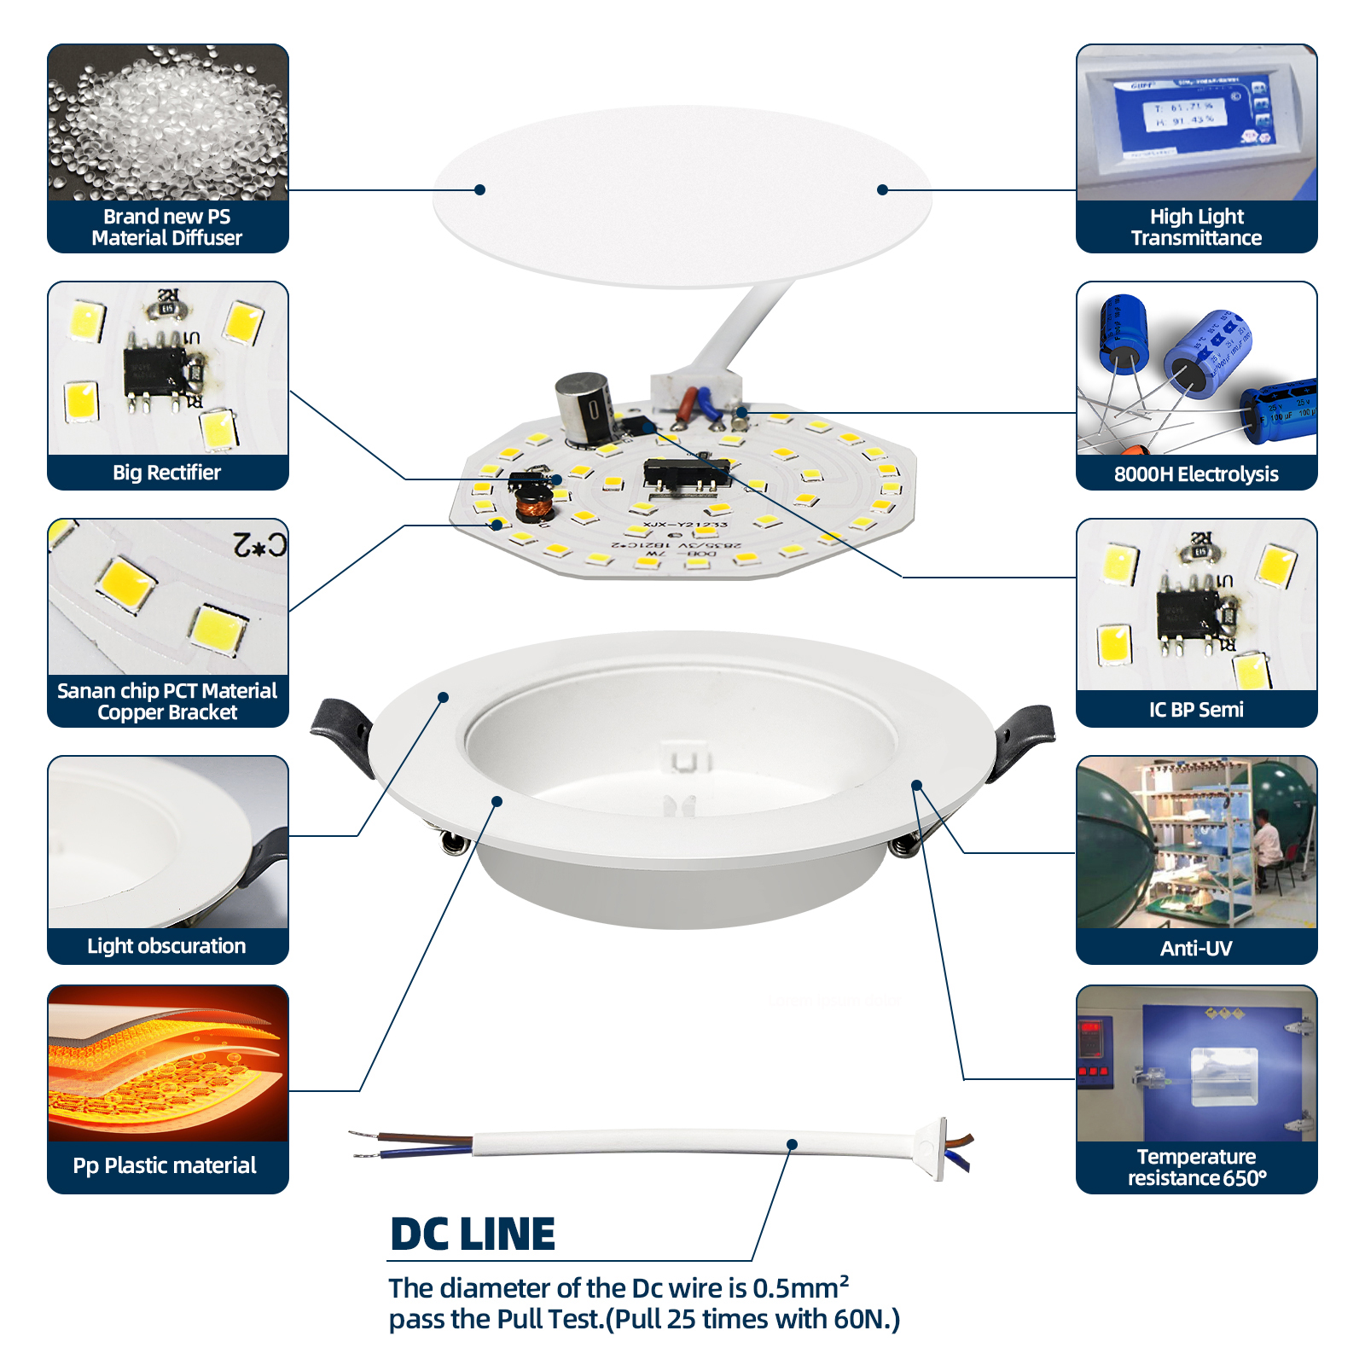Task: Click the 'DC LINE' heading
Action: click(x=472, y=1234)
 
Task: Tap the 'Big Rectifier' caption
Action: click(x=167, y=473)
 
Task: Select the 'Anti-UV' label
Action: click(x=1196, y=948)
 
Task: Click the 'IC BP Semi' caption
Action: click(x=1196, y=710)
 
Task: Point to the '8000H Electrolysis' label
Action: click(x=1196, y=474)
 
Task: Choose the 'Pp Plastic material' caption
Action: click(x=165, y=1165)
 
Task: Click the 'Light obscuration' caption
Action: click(x=166, y=946)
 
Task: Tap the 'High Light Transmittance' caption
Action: click(x=1196, y=227)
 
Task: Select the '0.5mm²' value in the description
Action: click(x=800, y=1287)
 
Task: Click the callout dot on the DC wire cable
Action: click(x=792, y=1144)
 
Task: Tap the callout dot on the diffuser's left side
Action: click(x=480, y=189)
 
